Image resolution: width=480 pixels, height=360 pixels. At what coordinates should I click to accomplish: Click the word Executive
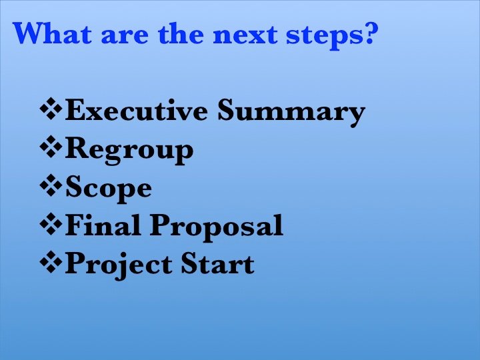pos(136,110)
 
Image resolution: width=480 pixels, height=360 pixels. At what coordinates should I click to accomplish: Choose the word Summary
pos(291,112)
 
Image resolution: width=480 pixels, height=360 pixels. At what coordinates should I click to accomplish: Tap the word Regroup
pos(129,150)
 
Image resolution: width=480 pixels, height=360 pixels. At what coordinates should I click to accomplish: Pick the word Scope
pos(109,188)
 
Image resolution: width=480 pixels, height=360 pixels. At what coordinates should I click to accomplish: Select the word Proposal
pos(217,227)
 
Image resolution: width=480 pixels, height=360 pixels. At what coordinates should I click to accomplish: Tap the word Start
pos(217,263)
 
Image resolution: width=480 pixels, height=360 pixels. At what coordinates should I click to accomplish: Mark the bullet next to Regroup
pos(51,147)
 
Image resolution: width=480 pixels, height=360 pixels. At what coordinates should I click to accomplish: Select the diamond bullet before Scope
pos(51,185)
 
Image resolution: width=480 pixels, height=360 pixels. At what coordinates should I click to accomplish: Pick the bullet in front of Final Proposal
pos(51,223)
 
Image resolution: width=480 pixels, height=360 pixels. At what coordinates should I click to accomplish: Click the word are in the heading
pos(125,36)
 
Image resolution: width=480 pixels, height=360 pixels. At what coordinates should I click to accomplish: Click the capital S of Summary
pos(226,109)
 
